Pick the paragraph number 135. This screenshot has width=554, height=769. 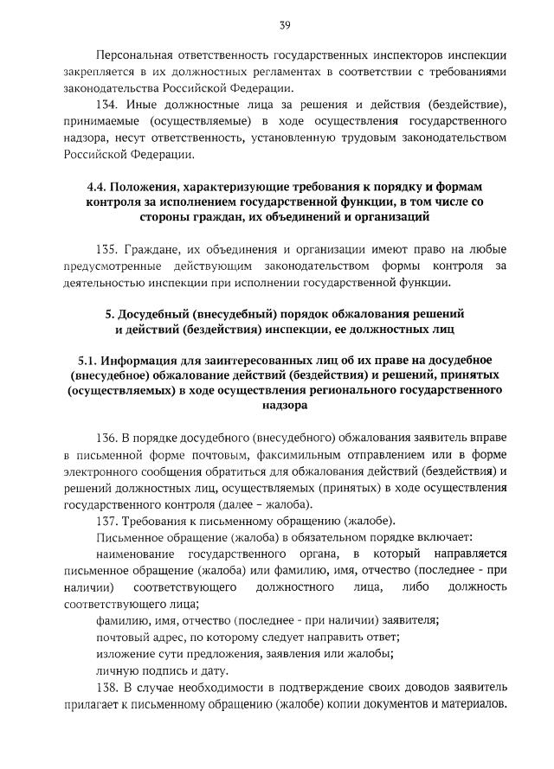[109, 250]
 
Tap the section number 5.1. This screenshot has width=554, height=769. [89, 360]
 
